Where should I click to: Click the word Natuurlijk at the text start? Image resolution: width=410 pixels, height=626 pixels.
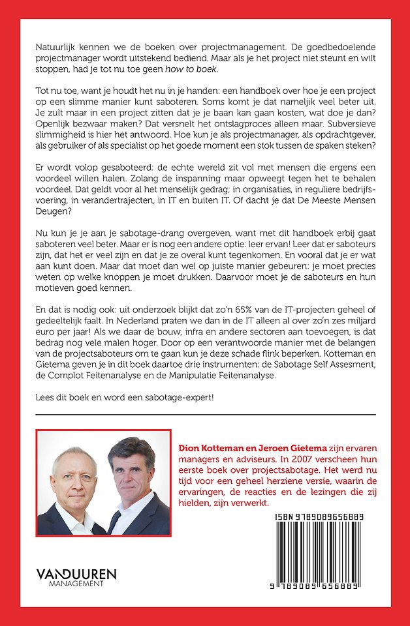coord(56,49)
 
